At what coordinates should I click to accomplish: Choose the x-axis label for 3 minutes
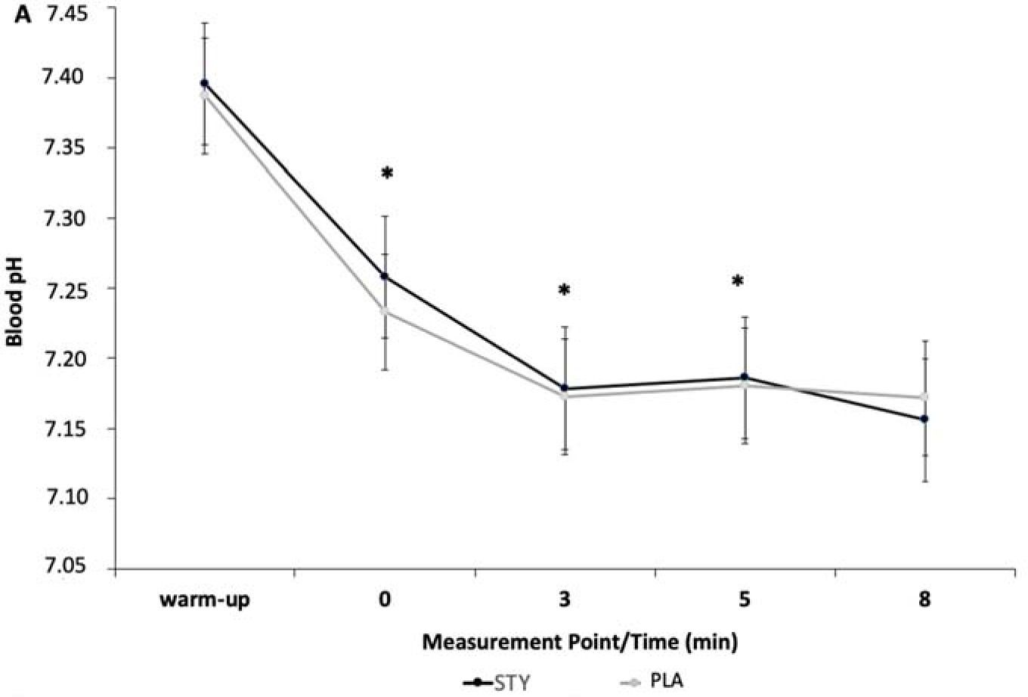tap(565, 600)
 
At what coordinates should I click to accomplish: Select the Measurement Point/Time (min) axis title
tap(580, 643)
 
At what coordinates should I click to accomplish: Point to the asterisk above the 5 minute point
tap(738, 282)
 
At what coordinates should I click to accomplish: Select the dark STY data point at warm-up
tap(204, 83)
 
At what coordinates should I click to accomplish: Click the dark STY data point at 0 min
tap(385, 276)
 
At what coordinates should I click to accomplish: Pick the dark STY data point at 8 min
tap(924, 419)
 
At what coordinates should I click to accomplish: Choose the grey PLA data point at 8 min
tap(924, 397)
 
